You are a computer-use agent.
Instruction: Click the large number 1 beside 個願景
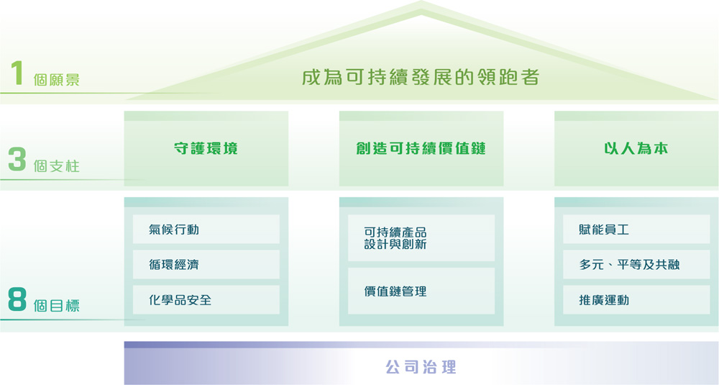tap(17, 73)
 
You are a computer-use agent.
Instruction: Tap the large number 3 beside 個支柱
tap(17, 159)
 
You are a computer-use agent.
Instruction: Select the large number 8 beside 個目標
tap(17, 299)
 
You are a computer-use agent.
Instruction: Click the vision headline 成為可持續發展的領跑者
tap(421, 77)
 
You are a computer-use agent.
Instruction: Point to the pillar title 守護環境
tap(206, 148)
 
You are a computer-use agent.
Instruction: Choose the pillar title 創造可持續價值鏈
tap(421, 148)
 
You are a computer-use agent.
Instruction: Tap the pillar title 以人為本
tap(636, 148)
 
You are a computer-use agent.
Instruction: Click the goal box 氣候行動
tap(206, 229)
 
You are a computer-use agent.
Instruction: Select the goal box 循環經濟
tap(206, 264)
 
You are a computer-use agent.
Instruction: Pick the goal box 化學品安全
tap(206, 299)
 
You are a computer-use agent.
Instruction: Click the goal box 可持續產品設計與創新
tap(421, 237)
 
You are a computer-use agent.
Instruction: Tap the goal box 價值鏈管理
tap(421, 291)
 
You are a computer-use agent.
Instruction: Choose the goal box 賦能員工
tap(636, 229)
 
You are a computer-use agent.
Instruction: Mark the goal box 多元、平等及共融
tap(636, 264)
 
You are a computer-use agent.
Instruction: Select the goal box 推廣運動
tap(636, 299)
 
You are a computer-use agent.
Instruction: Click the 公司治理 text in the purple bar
tap(421, 367)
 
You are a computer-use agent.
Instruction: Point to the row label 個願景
tap(56, 79)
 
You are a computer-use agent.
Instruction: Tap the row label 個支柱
tap(56, 166)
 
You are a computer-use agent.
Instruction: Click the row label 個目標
tap(56, 305)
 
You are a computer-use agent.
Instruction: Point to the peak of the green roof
tap(421, 1)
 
